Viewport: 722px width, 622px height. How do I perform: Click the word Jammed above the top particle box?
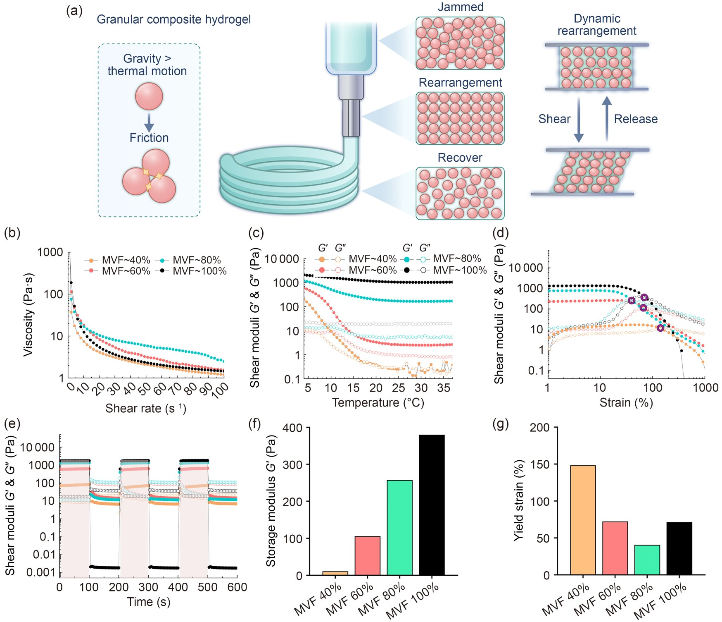pos(460,7)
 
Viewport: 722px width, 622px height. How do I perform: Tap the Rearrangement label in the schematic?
pos(460,83)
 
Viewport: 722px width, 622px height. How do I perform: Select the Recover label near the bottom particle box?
pos(460,158)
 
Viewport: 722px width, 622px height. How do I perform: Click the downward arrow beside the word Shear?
pos(579,120)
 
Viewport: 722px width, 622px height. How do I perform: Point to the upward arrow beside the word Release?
pos(606,119)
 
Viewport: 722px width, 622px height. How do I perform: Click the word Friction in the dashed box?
pos(149,138)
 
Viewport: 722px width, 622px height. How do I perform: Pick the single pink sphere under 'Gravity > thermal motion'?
pos(149,96)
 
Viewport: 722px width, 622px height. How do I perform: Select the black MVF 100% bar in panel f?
pos(432,505)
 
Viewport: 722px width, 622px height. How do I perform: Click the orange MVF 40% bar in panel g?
pos(583,520)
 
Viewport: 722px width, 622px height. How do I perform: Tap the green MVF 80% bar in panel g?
pos(647,560)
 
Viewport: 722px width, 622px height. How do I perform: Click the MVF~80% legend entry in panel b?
pos(196,260)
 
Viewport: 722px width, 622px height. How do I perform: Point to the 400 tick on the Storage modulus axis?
pos(293,428)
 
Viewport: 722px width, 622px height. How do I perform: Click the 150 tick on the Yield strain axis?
pos(540,464)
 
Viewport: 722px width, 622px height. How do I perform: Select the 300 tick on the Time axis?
pos(148,587)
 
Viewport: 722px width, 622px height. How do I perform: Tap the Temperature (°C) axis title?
pos(378,402)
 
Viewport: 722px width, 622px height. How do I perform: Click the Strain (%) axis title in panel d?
pos(626,402)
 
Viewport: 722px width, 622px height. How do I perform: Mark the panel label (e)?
pos(12,424)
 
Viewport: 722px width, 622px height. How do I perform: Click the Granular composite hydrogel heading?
pos(173,19)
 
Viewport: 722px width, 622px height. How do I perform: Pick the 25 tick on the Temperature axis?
pos(398,388)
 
